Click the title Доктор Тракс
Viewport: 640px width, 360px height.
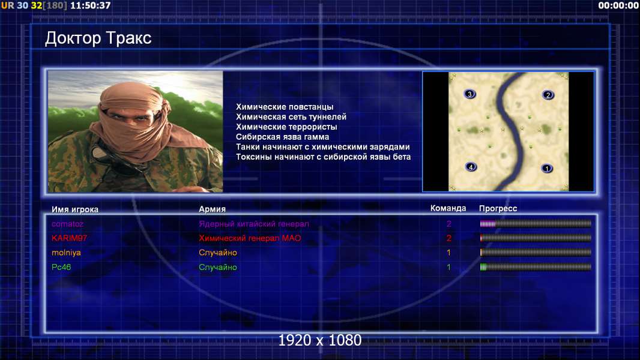tap(98, 38)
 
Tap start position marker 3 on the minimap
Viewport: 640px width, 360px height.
tap(469, 94)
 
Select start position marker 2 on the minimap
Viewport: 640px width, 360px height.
tap(548, 95)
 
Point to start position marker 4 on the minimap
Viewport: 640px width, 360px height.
tap(471, 167)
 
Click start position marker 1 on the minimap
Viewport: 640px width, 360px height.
tap(547, 168)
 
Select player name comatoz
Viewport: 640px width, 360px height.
tap(67, 224)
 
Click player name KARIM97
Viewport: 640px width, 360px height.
tap(69, 238)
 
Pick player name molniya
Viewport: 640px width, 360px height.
tap(66, 253)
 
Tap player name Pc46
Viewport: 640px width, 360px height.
tap(61, 267)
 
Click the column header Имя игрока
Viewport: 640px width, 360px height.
tap(74, 209)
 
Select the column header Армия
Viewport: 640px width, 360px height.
tap(213, 209)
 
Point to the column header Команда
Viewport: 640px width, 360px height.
tap(448, 208)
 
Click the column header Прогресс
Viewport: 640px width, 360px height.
tap(498, 209)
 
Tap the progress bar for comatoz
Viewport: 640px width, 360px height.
tap(536, 223)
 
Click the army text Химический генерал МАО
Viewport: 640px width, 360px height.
tap(250, 238)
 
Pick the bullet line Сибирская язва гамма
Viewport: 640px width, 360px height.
tap(282, 137)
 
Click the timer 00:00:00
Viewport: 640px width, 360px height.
tap(618, 5)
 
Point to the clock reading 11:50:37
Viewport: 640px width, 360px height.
tap(91, 5)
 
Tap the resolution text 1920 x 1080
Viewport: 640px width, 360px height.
tap(320, 340)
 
